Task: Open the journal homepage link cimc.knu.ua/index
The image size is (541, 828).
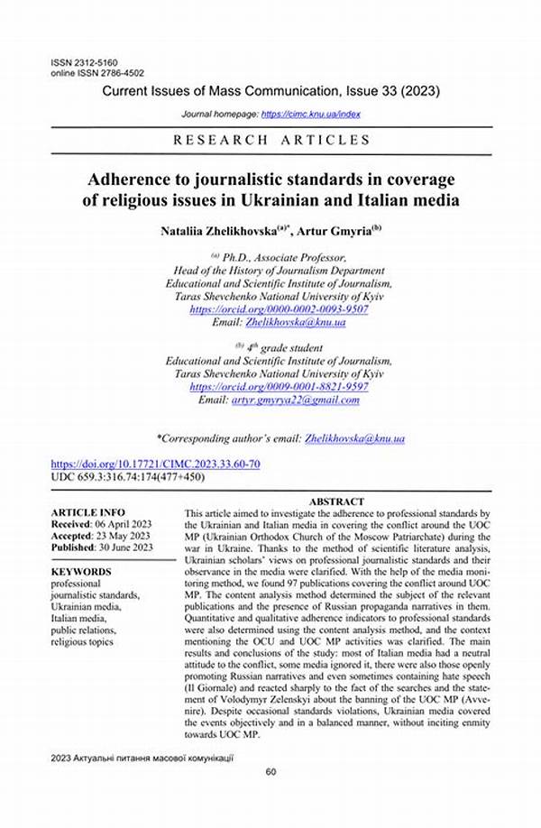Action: [311, 115]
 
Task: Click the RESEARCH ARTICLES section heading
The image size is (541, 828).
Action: [270, 140]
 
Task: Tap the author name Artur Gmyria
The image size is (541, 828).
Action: [341, 230]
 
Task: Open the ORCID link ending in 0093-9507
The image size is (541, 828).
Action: [279, 308]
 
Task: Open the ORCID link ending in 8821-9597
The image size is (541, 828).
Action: [279, 386]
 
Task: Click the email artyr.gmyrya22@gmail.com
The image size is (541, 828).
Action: [296, 400]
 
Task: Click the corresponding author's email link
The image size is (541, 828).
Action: [356, 438]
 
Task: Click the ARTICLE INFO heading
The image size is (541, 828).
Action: [87, 511]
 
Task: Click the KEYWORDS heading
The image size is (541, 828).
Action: [81, 572]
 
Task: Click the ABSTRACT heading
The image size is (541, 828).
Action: [336, 501]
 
